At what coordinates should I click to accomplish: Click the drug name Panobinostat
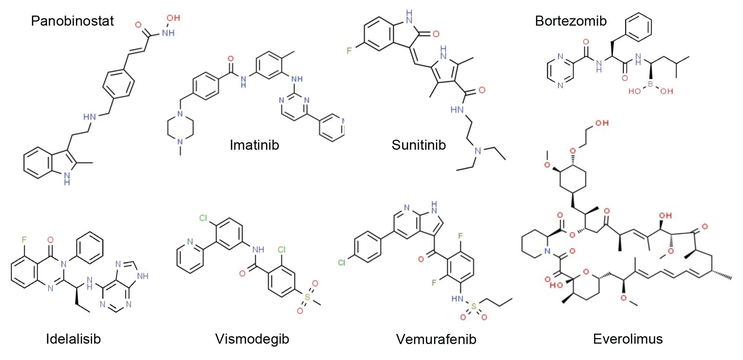pyautogui.click(x=72, y=21)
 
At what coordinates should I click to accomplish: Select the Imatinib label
pyautogui.click(x=254, y=145)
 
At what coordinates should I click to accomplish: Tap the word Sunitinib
pyautogui.click(x=419, y=145)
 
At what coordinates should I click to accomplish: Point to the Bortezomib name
pyautogui.click(x=571, y=21)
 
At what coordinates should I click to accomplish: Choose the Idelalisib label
pyautogui.click(x=73, y=339)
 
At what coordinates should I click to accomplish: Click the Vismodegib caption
pyautogui.click(x=252, y=339)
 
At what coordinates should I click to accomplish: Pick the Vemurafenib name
pyautogui.click(x=436, y=339)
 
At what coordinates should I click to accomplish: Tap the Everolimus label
pyautogui.click(x=628, y=339)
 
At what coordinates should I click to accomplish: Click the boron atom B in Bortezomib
pyautogui.click(x=650, y=84)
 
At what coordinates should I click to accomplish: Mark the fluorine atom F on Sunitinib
pyautogui.click(x=349, y=51)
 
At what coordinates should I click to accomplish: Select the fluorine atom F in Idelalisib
pyautogui.click(x=24, y=240)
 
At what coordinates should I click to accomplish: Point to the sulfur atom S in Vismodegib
pyautogui.click(x=307, y=297)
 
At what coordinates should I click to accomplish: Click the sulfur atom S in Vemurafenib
pyautogui.click(x=473, y=307)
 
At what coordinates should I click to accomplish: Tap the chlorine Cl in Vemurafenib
pyautogui.click(x=342, y=263)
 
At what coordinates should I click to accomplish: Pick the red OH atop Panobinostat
pyautogui.click(x=173, y=18)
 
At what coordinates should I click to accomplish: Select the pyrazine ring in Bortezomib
pyautogui.click(x=560, y=71)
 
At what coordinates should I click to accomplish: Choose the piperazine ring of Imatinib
pyautogui.click(x=181, y=128)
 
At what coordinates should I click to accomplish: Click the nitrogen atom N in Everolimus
pyautogui.click(x=547, y=251)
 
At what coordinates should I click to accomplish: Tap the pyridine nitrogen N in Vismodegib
pyautogui.click(x=190, y=241)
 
